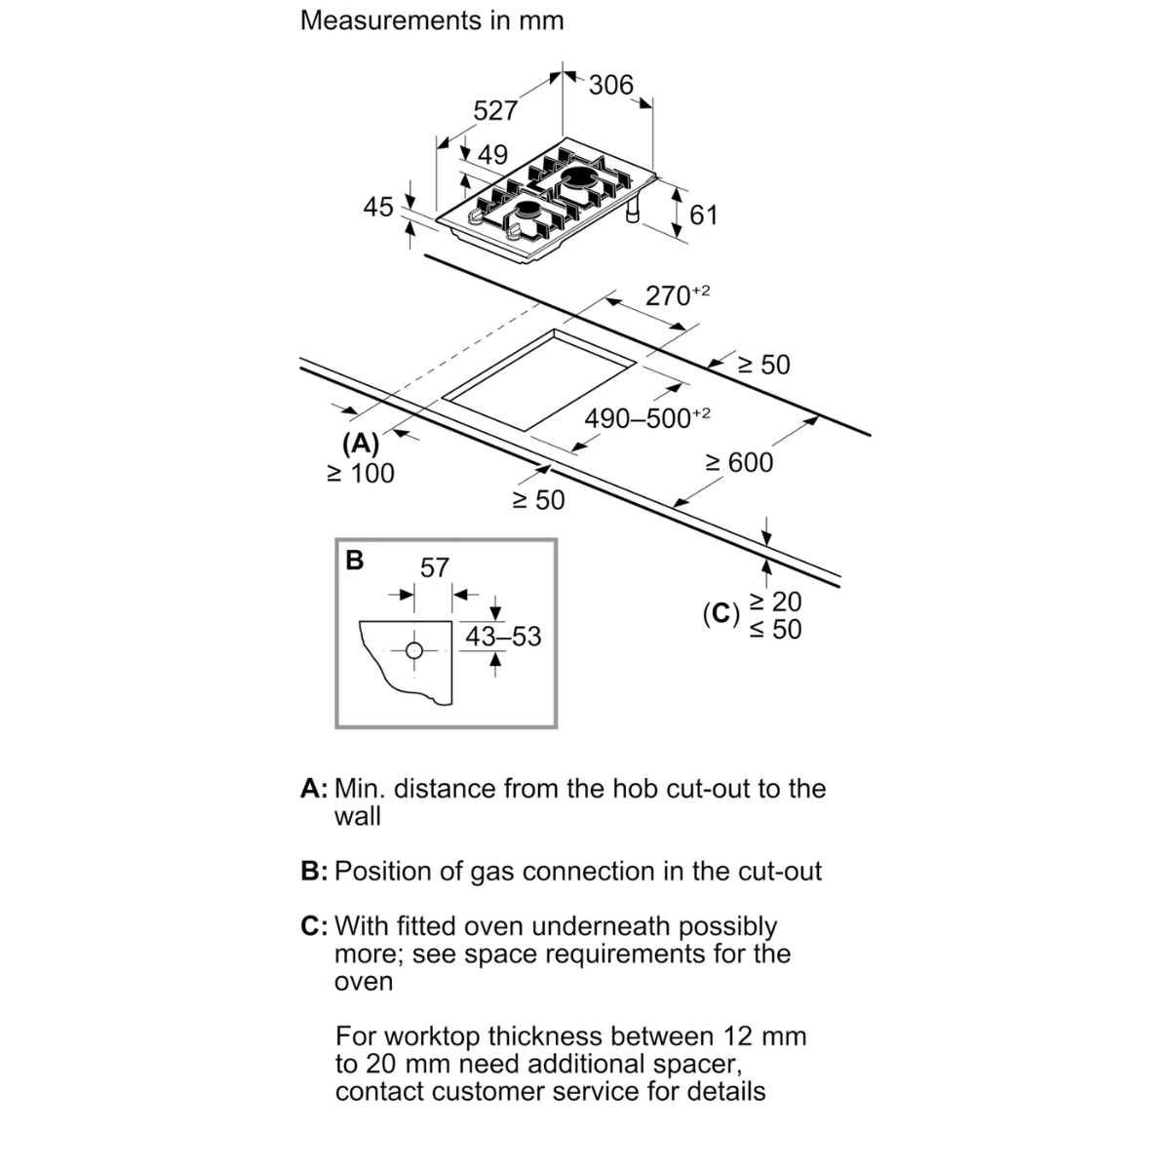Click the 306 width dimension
click(x=610, y=86)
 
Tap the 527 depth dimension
click(x=495, y=111)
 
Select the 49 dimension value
click(x=492, y=155)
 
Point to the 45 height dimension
click(x=378, y=207)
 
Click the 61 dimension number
click(x=704, y=215)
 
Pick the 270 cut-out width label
click(x=677, y=295)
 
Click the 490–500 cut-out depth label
click(x=647, y=417)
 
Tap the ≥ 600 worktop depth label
click(x=739, y=463)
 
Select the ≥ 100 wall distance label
click(x=361, y=474)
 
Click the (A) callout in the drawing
click(x=361, y=444)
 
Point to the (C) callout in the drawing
click(x=721, y=614)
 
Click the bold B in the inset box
click(x=355, y=561)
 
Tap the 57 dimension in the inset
click(x=434, y=568)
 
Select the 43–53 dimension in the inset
click(x=503, y=637)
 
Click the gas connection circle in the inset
click(x=414, y=651)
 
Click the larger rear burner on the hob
click(x=580, y=178)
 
